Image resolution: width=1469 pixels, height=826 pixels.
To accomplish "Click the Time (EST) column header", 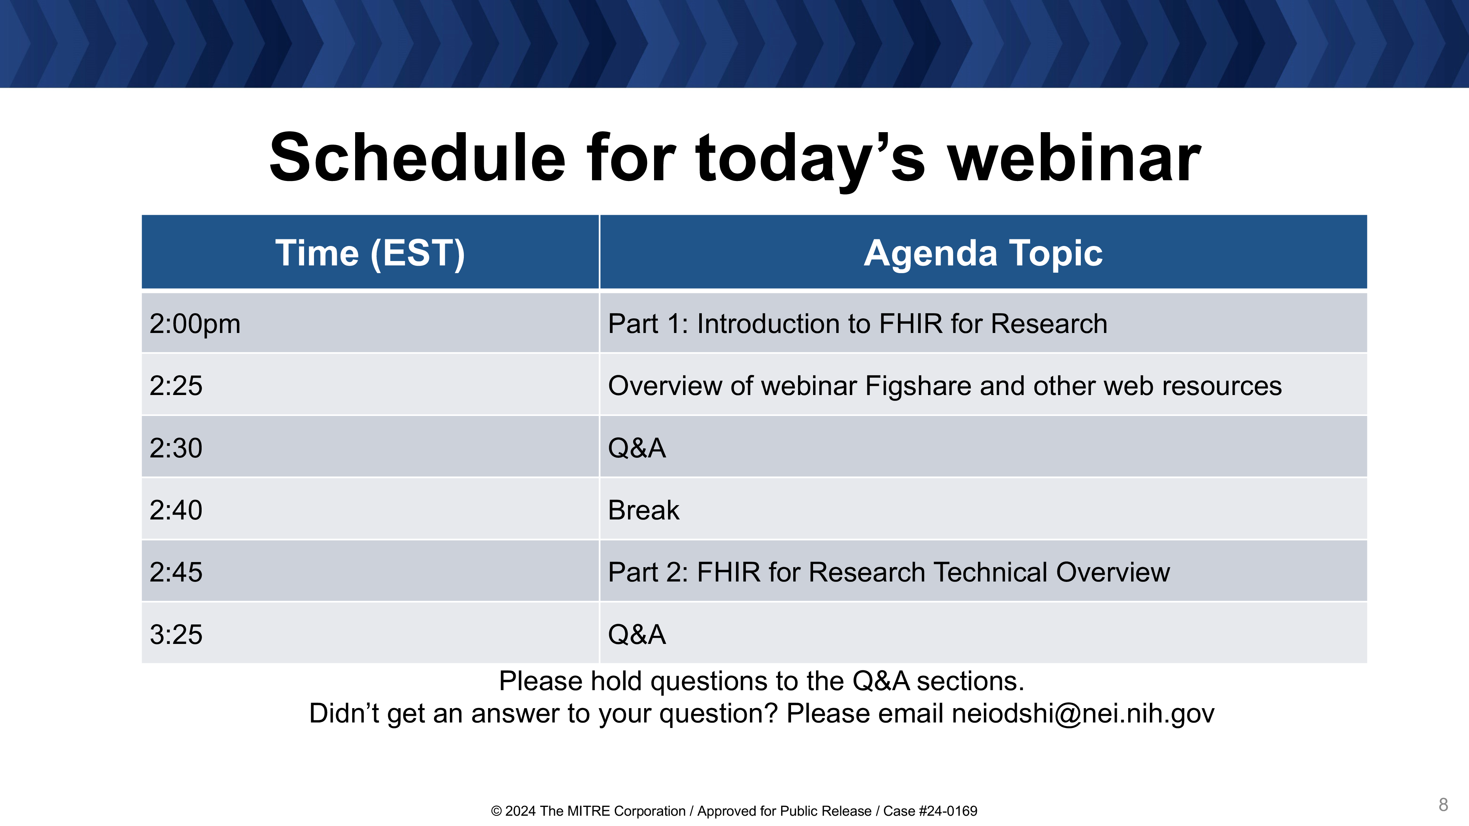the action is pyautogui.click(x=370, y=253).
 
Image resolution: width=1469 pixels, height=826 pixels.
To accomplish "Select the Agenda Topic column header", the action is pyautogui.click(x=983, y=253).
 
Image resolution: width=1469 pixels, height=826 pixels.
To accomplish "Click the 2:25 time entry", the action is pyautogui.click(x=176, y=386).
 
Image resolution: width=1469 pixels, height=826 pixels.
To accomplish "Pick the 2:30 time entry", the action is pyautogui.click(x=176, y=448).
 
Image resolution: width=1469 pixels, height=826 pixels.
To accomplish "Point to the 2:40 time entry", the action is pyautogui.click(x=176, y=510).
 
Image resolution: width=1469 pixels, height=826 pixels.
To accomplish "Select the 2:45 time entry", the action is pyautogui.click(x=176, y=572).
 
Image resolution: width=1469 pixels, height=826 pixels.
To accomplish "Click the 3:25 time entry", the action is pyautogui.click(x=176, y=634).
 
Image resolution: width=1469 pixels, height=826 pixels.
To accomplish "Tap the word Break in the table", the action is pyautogui.click(x=644, y=510).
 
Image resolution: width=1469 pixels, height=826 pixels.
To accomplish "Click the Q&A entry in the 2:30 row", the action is pyautogui.click(x=637, y=448).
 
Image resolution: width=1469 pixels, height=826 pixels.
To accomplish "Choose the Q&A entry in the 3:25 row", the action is pyautogui.click(x=637, y=634).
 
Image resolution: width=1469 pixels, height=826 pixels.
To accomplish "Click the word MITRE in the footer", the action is pyautogui.click(x=588, y=811).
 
